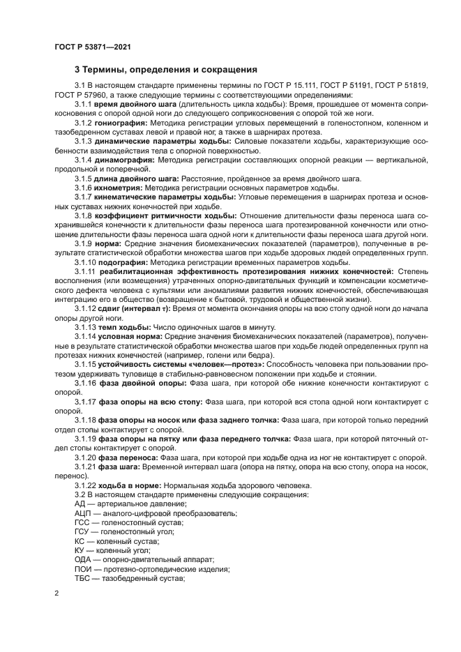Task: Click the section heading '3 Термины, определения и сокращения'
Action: [x=166, y=70]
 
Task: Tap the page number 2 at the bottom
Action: [x=56, y=593]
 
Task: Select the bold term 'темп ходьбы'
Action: [x=126, y=327]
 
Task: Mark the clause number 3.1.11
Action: [x=87, y=271]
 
